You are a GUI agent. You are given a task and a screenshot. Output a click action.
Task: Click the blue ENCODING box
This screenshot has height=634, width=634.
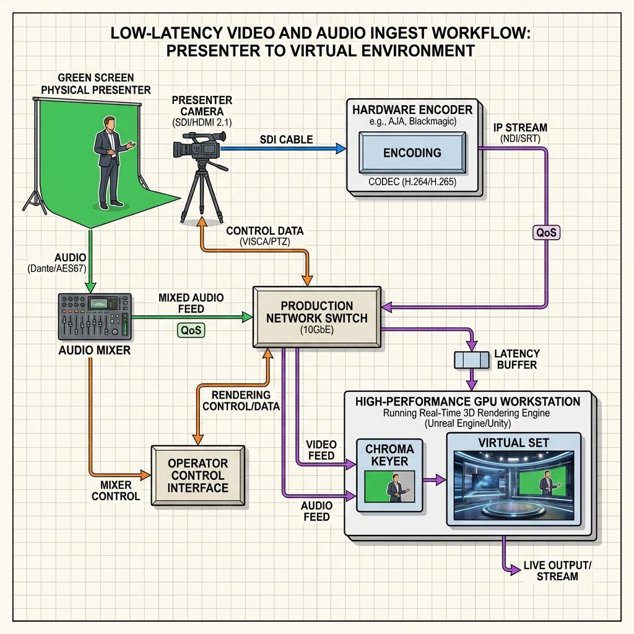click(x=412, y=153)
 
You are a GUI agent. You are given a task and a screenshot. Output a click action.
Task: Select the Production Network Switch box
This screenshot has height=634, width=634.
click(x=317, y=317)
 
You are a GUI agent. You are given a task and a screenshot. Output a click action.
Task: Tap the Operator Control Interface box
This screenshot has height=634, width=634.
click(x=198, y=475)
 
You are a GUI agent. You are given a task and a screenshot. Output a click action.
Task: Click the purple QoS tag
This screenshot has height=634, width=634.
click(x=546, y=233)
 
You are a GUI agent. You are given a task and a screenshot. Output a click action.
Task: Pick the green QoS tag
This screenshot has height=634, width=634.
click(x=191, y=330)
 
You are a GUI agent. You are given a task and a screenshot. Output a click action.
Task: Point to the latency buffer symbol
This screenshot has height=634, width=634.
click(x=471, y=360)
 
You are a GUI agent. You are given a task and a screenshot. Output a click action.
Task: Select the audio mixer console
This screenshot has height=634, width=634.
click(x=95, y=316)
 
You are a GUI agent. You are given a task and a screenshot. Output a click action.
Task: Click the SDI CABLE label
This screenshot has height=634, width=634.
click(x=286, y=139)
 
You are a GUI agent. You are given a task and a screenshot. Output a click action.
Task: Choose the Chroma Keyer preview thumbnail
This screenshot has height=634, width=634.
click(x=389, y=486)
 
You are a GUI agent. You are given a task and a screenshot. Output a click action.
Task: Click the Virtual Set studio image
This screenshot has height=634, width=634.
click(x=513, y=485)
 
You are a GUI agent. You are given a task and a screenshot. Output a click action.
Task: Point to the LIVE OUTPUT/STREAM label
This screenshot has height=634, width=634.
click(x=557, y=570)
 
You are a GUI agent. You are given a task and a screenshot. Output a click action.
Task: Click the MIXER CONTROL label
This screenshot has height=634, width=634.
click(x=116, y=490)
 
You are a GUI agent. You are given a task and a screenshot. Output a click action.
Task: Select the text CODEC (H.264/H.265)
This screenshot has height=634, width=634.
click(x=412, y=182)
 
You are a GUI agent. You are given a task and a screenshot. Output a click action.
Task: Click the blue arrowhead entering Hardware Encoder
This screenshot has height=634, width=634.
click(x=341, y=149)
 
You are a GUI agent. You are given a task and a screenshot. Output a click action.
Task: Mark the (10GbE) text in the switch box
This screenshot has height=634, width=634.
click(x=317, y=330)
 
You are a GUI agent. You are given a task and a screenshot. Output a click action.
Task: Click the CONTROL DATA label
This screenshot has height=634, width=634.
click(x=265, y=230)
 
